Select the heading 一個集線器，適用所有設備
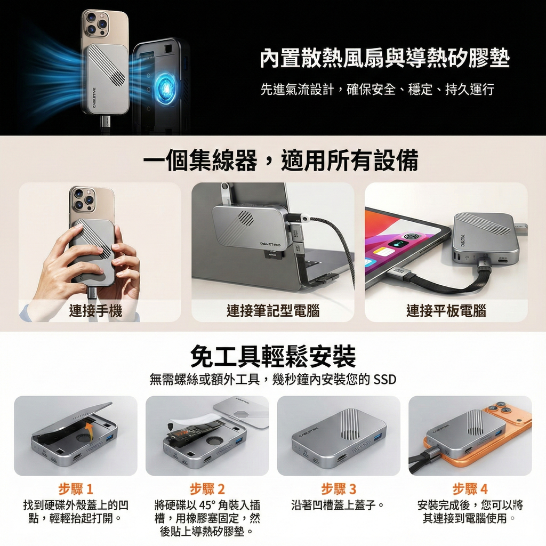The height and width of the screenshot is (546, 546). pyautogui.click(x=280, y=160)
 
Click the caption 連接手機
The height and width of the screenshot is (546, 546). pyautogui.click(x=96, y=310)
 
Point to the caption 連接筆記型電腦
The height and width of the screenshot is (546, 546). pyautogui.click(x=273, y=310)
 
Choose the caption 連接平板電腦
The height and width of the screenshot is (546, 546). pyautogui.click(x=446, y=310)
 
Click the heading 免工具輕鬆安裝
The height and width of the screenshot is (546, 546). pyautogui.click(x=273, y=356)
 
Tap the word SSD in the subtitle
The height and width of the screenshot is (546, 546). pyautogui.click(x=385, y=380)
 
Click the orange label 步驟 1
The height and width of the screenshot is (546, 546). pyautogui.click(x=76, y=489)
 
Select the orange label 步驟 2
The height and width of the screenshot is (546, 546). pyautogui.click(x=207, y=489)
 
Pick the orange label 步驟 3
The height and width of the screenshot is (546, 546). pyautogui.click(x=339, y=489)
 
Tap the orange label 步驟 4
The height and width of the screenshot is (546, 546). pyautogui.click(x=470, y=489)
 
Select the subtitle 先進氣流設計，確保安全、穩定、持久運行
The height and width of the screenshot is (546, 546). pyautogui.click(x=378, y=90)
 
